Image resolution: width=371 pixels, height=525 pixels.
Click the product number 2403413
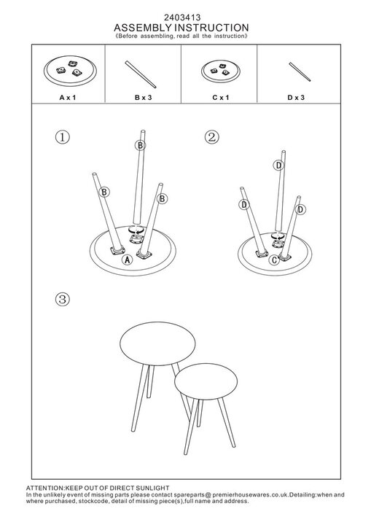[182, 17]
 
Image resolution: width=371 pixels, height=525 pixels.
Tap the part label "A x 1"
[68, 98]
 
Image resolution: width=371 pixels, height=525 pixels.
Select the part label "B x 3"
[144, 98]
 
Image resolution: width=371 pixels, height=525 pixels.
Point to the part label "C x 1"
[221, 98]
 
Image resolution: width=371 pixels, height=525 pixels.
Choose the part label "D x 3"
[296, 98]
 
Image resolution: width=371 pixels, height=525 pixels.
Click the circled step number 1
[62, 137]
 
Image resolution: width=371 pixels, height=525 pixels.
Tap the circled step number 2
[211, 137]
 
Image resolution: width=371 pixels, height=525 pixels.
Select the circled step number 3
[62, 299]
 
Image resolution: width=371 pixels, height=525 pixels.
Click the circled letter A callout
[127, 260]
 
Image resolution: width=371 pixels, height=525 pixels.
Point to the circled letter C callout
[274, 260]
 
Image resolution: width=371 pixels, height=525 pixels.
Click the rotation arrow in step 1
[136, 230]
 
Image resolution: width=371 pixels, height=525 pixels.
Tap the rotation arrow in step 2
[277, 236]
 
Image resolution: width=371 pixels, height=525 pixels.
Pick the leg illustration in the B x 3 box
[141, 74]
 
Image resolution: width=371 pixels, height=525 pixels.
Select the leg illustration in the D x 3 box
[300, 71]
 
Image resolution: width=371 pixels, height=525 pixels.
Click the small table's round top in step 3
[206, 381]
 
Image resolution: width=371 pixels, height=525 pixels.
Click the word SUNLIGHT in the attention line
[153, 488]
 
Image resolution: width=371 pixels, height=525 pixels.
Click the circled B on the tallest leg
[140, 145]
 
